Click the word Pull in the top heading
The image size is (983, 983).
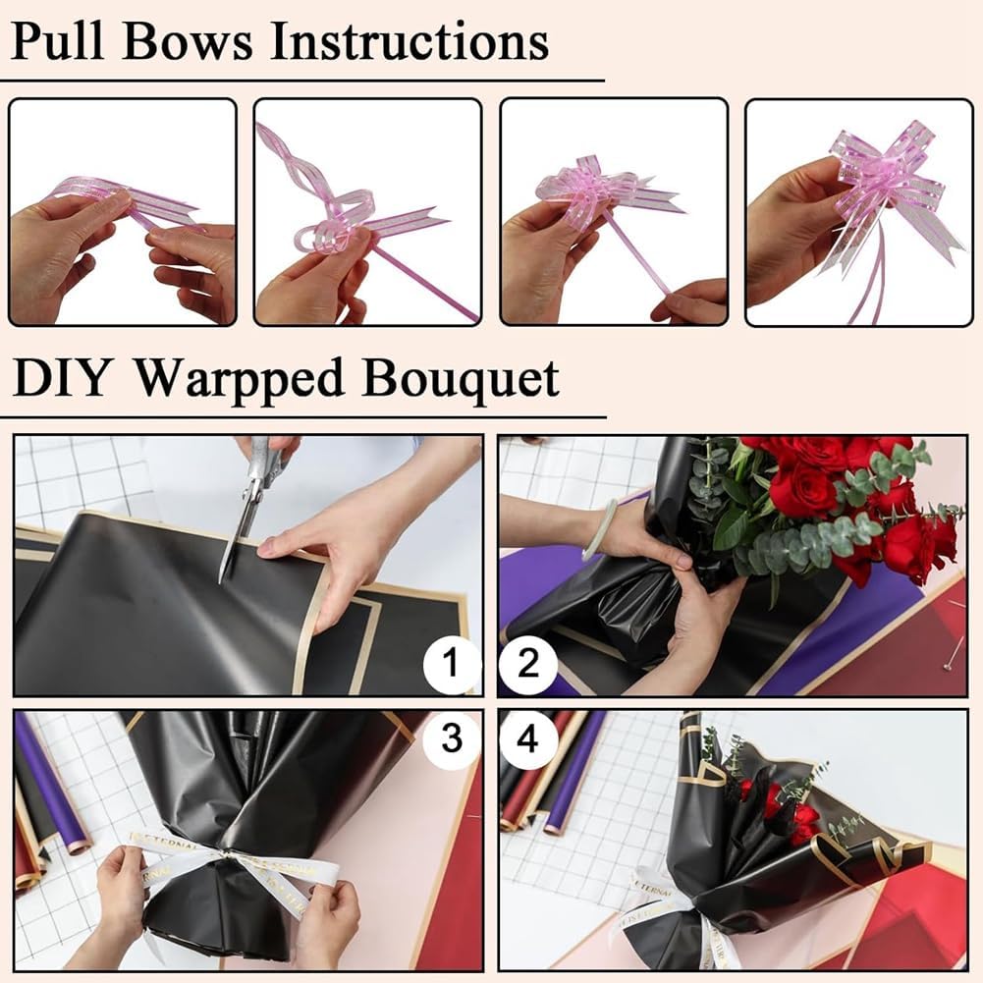[x=57, y=41]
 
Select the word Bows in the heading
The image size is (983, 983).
[x=188, y=41]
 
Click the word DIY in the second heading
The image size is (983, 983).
[x=60, y=378]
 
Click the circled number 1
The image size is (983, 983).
[x=451, y=663]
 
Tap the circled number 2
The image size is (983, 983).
[x=528, y=663]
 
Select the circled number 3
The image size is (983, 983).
[x=451, y=738]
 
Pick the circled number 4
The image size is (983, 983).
[x=528, y=738]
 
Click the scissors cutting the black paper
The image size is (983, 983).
[x=254, y=495]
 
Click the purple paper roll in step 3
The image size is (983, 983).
[x=51, y=783]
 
